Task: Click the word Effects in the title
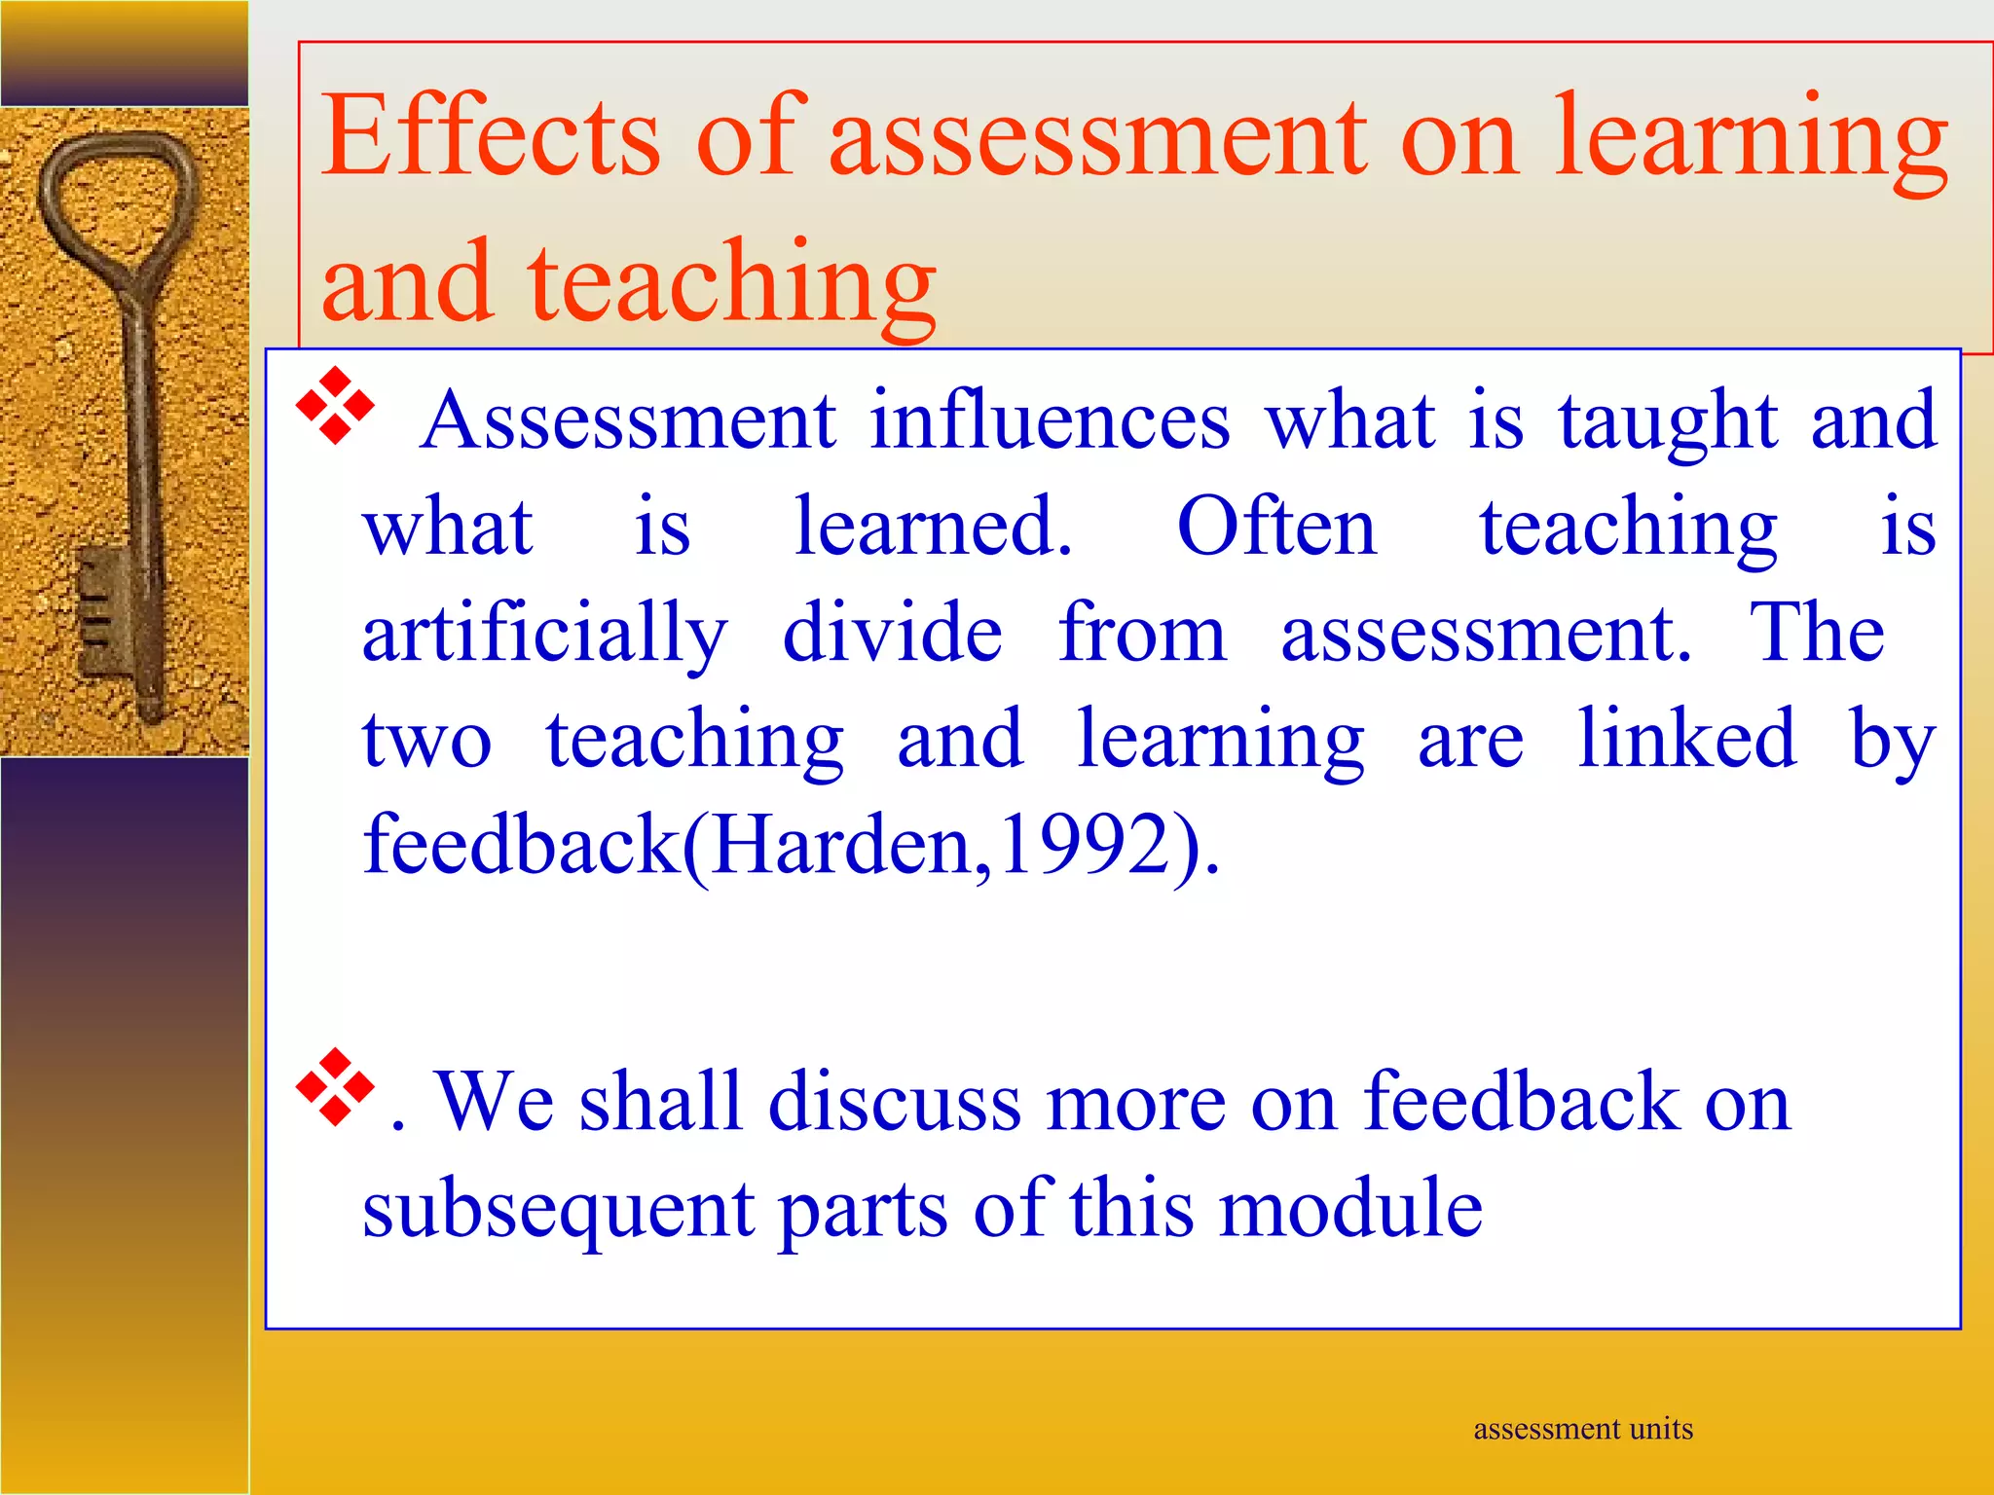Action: click(x=491, y=135)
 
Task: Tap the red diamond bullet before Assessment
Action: click(x=335, y=406)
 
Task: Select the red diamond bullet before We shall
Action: click(x=335, y=1087)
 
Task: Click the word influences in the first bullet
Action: click(x=1050, y=421)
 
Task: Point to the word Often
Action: click(x=1276, y=528)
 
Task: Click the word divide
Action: click(x=892, y=634)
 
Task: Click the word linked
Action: click(x=1685, y=740)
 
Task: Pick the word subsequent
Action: click(x=558, y=1210)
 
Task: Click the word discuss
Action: click(x=894, y=1102)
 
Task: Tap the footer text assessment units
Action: click(x=1582, y=1429)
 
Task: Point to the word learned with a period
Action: click(x=933, y=528)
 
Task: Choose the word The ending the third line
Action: click(x=1817, y=634)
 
